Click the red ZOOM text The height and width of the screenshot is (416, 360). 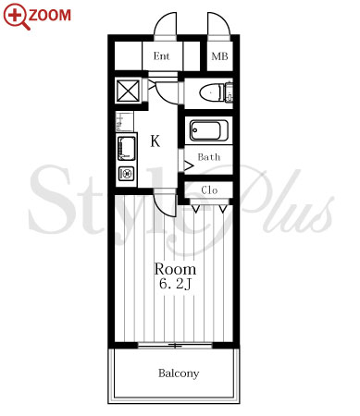(50, 15)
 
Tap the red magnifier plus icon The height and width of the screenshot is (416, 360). (16, 16)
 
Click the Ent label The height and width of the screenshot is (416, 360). (162, 56)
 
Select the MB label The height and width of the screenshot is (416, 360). (219, 56)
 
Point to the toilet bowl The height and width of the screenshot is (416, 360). (211, 92)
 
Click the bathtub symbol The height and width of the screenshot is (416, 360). (205, 130)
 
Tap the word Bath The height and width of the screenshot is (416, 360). (209, 157)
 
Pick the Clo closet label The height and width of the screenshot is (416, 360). (209, 190)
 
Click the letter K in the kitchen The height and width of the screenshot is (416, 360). (155, 141)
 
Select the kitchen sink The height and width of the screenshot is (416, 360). (127, 149)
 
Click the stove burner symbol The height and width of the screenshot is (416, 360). (127, 174)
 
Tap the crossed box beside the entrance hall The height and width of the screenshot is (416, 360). (128, 91)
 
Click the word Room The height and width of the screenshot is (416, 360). (175, 269)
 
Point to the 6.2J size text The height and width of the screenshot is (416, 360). (175, 284)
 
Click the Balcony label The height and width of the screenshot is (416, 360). (179, 373)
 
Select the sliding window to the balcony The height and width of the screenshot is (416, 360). (175, 346)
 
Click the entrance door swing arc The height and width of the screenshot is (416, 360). (160, 20)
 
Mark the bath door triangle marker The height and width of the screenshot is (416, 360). (189, 165)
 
